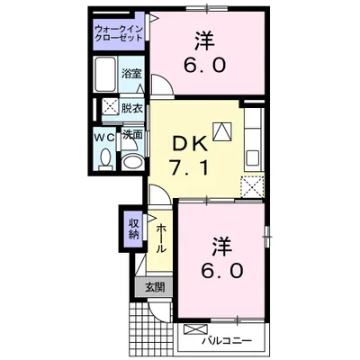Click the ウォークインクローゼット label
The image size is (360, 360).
click(x=119, y=36)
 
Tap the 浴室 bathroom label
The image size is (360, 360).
click(x=132, y=74)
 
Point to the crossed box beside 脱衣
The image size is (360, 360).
click(x=108, y=106)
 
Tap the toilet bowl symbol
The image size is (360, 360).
click(x=106, y=159)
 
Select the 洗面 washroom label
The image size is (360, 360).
click(x=132, y=135)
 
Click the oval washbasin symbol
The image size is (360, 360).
click(x=131, y=162)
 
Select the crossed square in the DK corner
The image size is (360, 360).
click(x=253, y=186)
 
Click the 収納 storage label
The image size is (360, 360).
click(x=133, y=229)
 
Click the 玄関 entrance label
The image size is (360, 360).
click(x=154, y=288)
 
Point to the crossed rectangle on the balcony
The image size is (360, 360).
click(x=193, y=330)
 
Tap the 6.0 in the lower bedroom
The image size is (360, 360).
click(x=221, y=269)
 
